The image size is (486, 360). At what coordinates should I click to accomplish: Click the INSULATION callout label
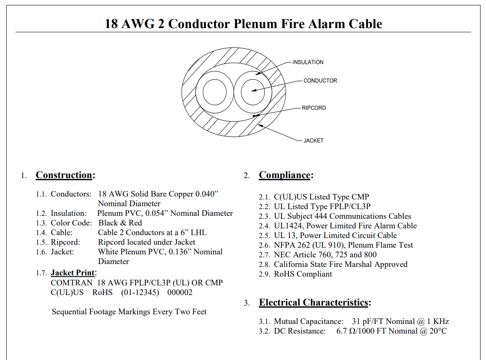coord(308,62)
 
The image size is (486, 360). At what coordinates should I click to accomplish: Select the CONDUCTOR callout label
coord(320,80)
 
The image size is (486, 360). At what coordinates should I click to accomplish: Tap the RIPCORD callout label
coord(314,108)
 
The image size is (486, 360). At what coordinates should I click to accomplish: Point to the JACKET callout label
coord(313,141)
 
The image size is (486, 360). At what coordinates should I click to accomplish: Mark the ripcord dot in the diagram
coord(254,116)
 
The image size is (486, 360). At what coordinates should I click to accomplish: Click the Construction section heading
coord(64,175)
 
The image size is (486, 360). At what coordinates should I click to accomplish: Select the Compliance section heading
coord(285,175)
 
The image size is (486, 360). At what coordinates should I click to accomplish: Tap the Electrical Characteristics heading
coord(314,303)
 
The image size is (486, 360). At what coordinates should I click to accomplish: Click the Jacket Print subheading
coord(73,273)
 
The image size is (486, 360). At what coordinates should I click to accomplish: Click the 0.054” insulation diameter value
coord(157,213)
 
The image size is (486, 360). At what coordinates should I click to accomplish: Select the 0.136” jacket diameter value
coord(180,251)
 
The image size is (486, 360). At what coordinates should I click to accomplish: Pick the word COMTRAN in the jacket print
coord(72,282)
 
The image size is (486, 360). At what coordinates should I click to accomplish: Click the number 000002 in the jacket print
coord(180,292)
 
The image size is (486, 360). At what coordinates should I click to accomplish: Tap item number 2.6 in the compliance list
coord(265,245)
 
